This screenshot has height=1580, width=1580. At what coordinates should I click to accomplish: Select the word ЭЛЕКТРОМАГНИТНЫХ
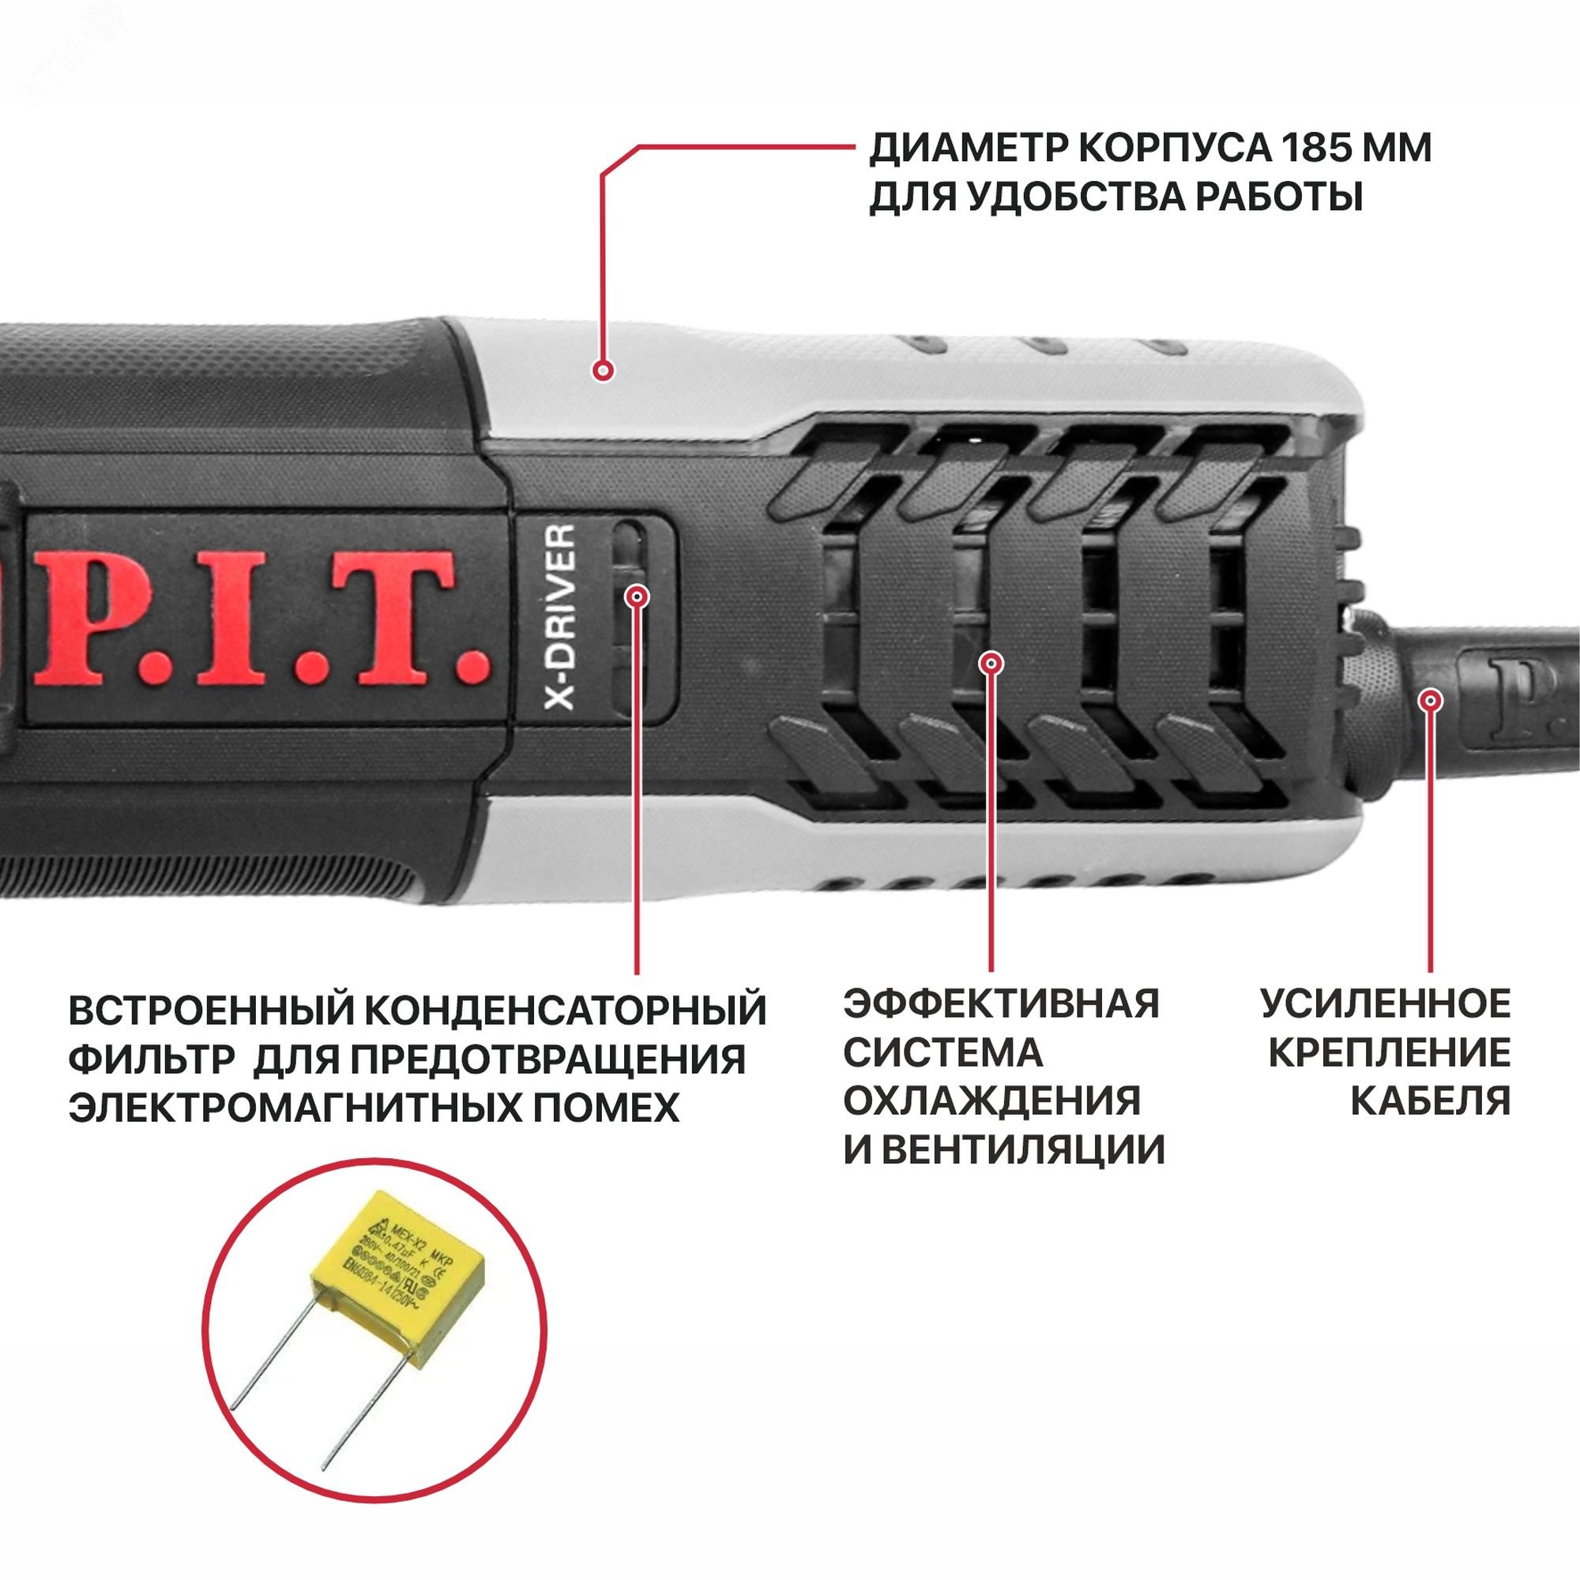(288, 1108)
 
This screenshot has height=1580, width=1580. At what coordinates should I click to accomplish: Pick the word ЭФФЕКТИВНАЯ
(1001, 1003)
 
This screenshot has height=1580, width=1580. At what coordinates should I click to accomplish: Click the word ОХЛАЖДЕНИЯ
(992, 1100)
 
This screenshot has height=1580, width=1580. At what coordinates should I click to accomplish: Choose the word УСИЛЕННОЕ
(1386, 1003)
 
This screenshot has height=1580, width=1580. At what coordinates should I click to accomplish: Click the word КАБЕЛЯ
(1431, 1100)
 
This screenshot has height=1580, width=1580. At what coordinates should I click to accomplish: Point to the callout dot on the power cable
(1430, 701)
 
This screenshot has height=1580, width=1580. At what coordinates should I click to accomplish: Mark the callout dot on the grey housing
(603, 371)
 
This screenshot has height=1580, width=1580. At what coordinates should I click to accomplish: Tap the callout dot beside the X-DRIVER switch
(637, 596)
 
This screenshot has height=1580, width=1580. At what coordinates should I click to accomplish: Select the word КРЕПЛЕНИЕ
(1390, 1052)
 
